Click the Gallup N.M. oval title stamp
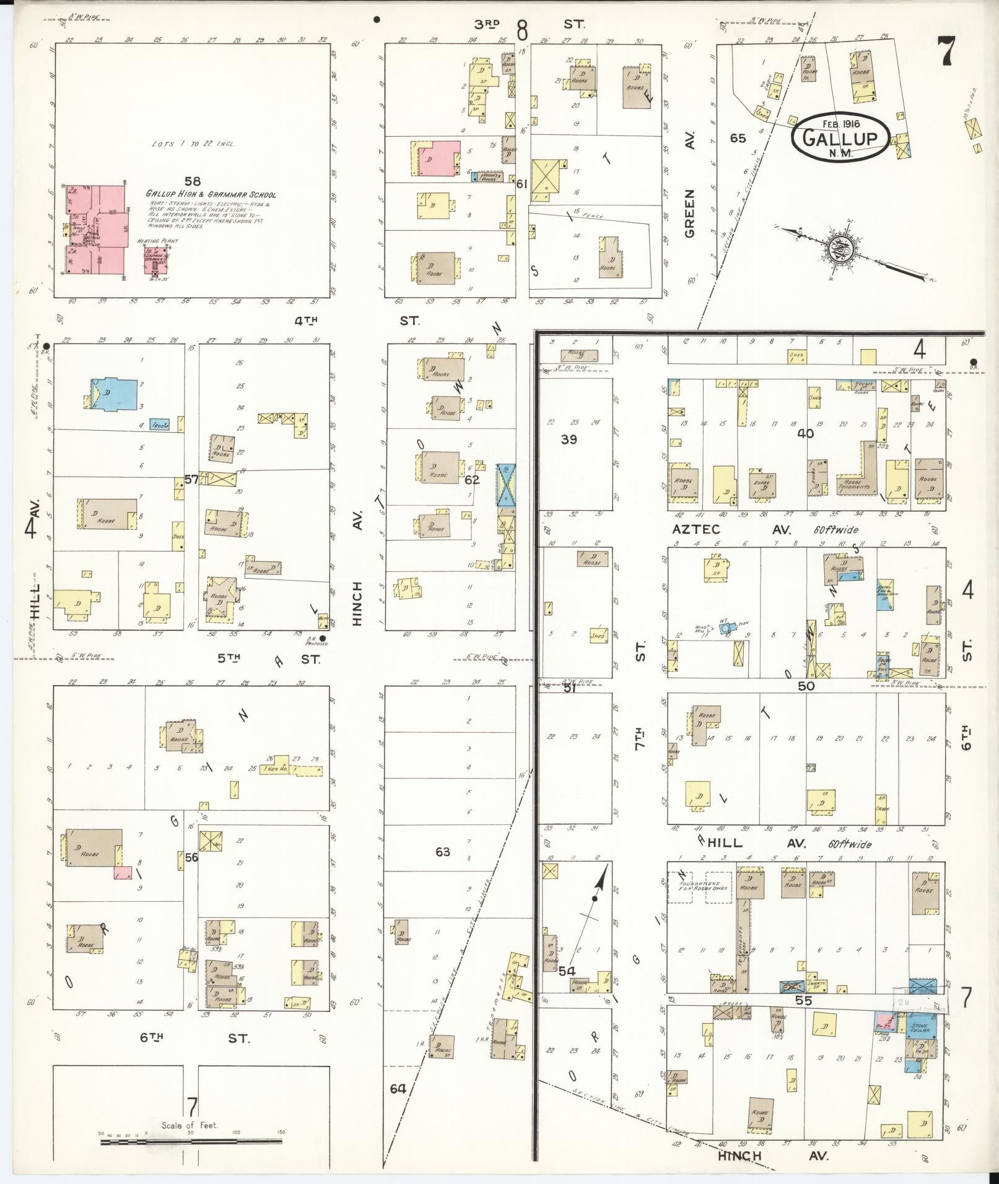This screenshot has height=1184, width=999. click(x=840, y=137)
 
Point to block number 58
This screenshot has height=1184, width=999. click(x=193, y=181)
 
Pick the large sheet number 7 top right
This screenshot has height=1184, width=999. click(x=945, y=51)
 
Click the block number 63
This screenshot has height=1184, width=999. click(x=442, y=852)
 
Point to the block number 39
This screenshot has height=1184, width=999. click(x=569, y=439)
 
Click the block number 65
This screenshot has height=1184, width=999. click(x=738, y=138)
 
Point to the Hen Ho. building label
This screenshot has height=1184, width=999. click(x=275, y=769)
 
